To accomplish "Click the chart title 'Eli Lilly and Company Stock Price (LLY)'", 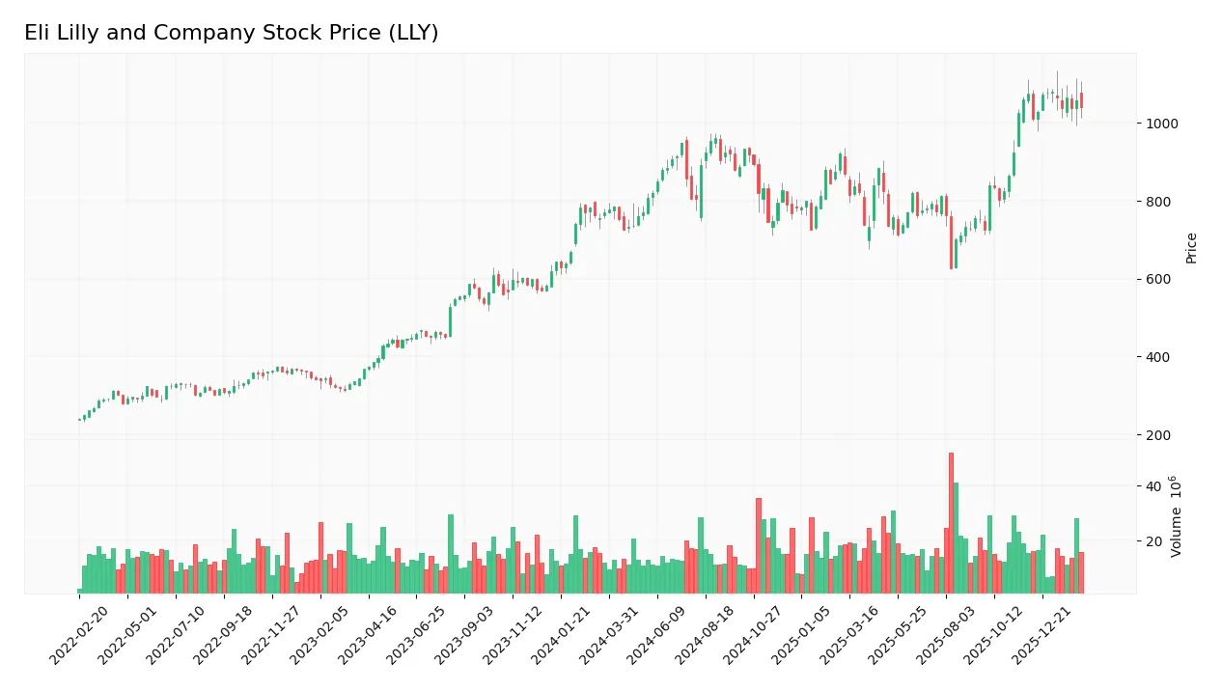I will tap(232, 33).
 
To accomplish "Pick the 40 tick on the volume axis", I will tap(1153, 486).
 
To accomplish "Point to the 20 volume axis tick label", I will tap(1153, 541).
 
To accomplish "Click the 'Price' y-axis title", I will tap(1191, 248).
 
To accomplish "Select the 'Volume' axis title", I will tap(1176, 516).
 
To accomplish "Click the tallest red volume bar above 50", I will tap(951, 523).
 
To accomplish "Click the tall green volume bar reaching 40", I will tap(956, 538).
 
